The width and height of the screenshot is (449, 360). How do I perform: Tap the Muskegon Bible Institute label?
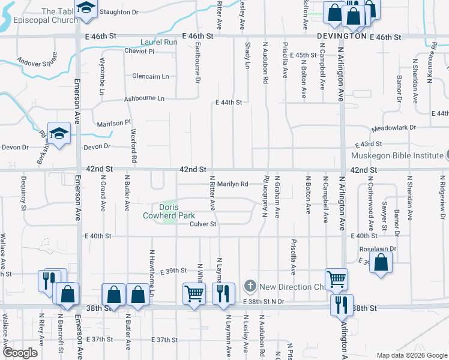pos(398,155)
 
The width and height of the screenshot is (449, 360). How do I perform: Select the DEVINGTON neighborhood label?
pos(342,36)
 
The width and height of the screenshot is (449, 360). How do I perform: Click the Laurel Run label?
pos(159,42)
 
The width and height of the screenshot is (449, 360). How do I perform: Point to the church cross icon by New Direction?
pos(250,286)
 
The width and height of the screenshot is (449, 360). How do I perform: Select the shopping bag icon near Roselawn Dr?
pos(381,262)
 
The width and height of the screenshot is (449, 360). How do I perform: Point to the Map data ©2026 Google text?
pos(412,355)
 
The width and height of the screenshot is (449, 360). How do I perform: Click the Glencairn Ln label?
pos(151,76)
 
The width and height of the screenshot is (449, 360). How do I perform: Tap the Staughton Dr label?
pos(119,11)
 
